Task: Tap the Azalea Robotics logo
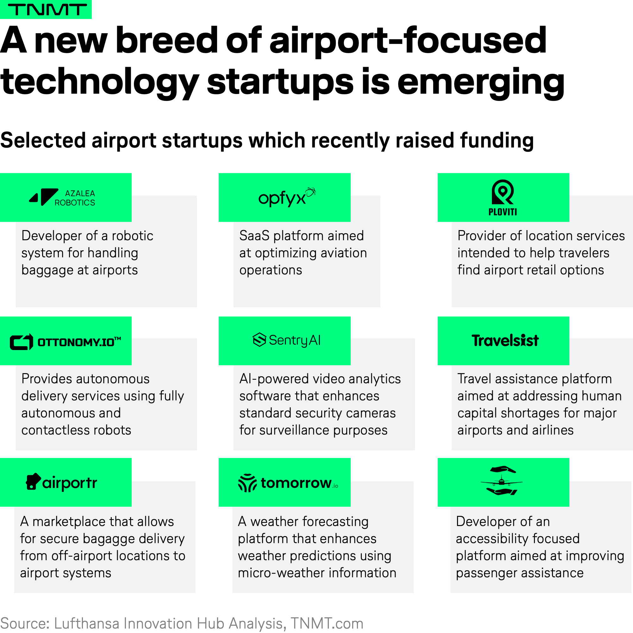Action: (x=62, y=197)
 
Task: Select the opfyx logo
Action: (x=287, y=197)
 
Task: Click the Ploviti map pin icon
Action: (x=503, y=192)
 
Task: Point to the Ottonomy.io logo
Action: (x=66, y=342)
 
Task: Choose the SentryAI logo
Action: (x=287, y=340)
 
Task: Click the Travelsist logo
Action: (x=505, y=341)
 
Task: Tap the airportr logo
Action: (x=62, y=482)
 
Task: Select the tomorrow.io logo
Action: (x=288, y=483)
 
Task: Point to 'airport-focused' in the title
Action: (x=408, y=41)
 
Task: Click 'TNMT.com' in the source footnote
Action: (x=327, y=623)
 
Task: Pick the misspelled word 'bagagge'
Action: (x=112, y=539)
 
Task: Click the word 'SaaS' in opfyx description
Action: (x=254, y=235)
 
